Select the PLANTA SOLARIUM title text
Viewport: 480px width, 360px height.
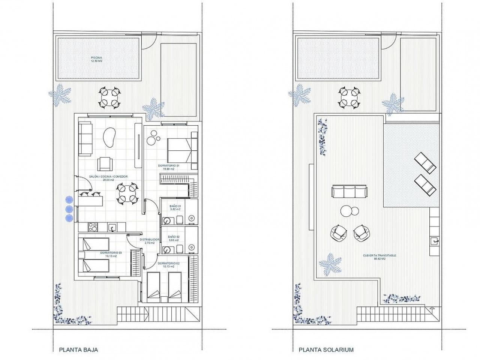[326, 349]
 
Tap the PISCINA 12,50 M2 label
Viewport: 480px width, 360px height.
[97, 59]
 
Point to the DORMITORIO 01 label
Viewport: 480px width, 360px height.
[171, 167]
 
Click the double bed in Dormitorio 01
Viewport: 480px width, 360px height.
[179, 150]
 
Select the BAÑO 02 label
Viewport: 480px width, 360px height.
[174, 238]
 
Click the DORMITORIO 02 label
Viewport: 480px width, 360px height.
[169, 265]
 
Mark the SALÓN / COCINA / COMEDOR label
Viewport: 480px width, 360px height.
[108, 178]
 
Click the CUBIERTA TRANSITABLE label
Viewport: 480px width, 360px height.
[379, 256]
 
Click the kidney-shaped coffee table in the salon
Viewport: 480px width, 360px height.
[109, 137]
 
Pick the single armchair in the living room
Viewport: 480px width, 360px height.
[105, 164]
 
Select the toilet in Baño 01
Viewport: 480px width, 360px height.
[179, 219]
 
